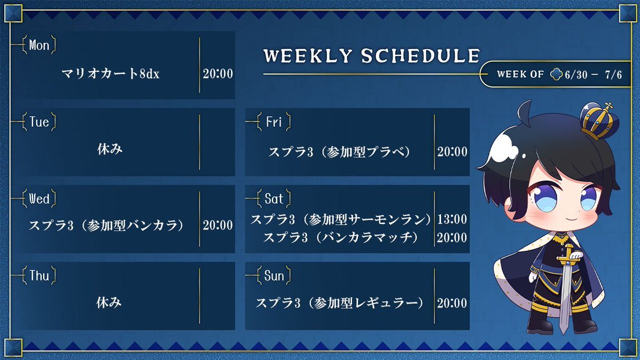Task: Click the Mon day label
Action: (x=39, y=45)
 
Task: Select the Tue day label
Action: (x=39, y=122)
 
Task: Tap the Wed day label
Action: (x=39, y=199)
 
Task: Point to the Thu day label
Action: (x=39, y=276)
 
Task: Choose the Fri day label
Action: (x=274, y=122)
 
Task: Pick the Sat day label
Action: (x=274, y=199)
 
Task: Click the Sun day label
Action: (x=274, y=276)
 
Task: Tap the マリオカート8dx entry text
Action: (x=110, y=74)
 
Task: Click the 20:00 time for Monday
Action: (x=218, y=74)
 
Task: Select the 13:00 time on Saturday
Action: (x=452, y=219)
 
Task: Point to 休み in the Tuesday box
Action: (x=110, y=149)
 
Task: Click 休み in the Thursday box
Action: (x=109, y=302)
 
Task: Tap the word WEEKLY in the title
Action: (x=308, y=55)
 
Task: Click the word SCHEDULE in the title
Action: (x=420, y=55)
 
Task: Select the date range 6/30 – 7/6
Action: (x=593, y=75)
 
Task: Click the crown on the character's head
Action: (x=599, y=122)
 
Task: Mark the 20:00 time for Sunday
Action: (x=452, y=303)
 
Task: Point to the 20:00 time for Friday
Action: (x=452, y=151)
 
